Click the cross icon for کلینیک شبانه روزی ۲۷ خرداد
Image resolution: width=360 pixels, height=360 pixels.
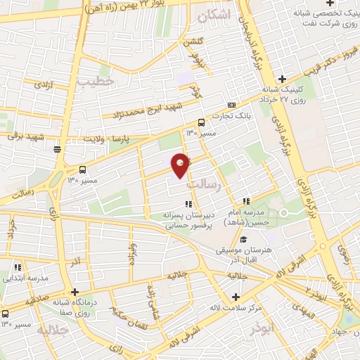(282, 79)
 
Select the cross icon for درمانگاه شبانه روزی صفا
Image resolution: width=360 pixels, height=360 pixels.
(75, 291)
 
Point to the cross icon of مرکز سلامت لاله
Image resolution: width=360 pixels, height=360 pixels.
(236, 296)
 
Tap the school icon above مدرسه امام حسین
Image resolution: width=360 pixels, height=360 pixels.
(246, 201)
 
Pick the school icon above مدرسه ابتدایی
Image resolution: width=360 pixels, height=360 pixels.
(18, 267)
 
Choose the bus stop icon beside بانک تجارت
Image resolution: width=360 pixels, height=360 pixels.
(202, 121)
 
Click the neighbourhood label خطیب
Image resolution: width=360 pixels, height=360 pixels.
(96, 82)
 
